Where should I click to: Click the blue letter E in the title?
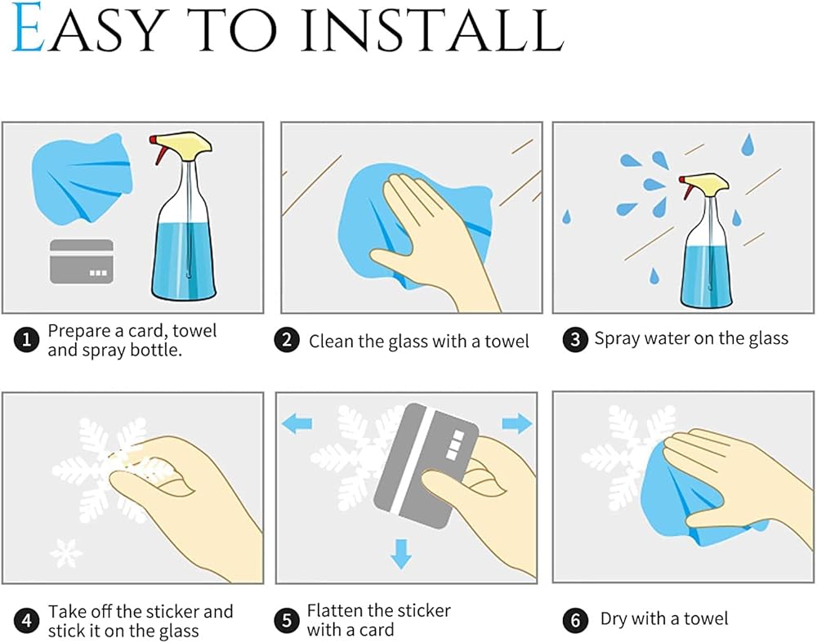(28, 28)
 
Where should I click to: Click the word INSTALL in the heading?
(432, 29)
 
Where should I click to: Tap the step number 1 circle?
(26, 340)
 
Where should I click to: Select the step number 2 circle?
(287, 340)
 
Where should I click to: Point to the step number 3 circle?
(575, 339)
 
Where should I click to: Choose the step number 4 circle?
(26, 621)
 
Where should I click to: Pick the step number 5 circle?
(287, 621)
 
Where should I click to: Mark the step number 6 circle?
(575, 620)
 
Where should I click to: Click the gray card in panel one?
(81, 261)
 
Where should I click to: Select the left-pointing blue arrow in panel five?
(297, 423)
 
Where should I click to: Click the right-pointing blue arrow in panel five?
(517, 423)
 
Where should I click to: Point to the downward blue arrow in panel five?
(400, 553)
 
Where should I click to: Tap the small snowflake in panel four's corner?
(65, 553)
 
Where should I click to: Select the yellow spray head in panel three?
(707, 181)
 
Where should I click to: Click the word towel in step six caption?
(706, 618)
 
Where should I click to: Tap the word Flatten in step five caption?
(335, 610)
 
